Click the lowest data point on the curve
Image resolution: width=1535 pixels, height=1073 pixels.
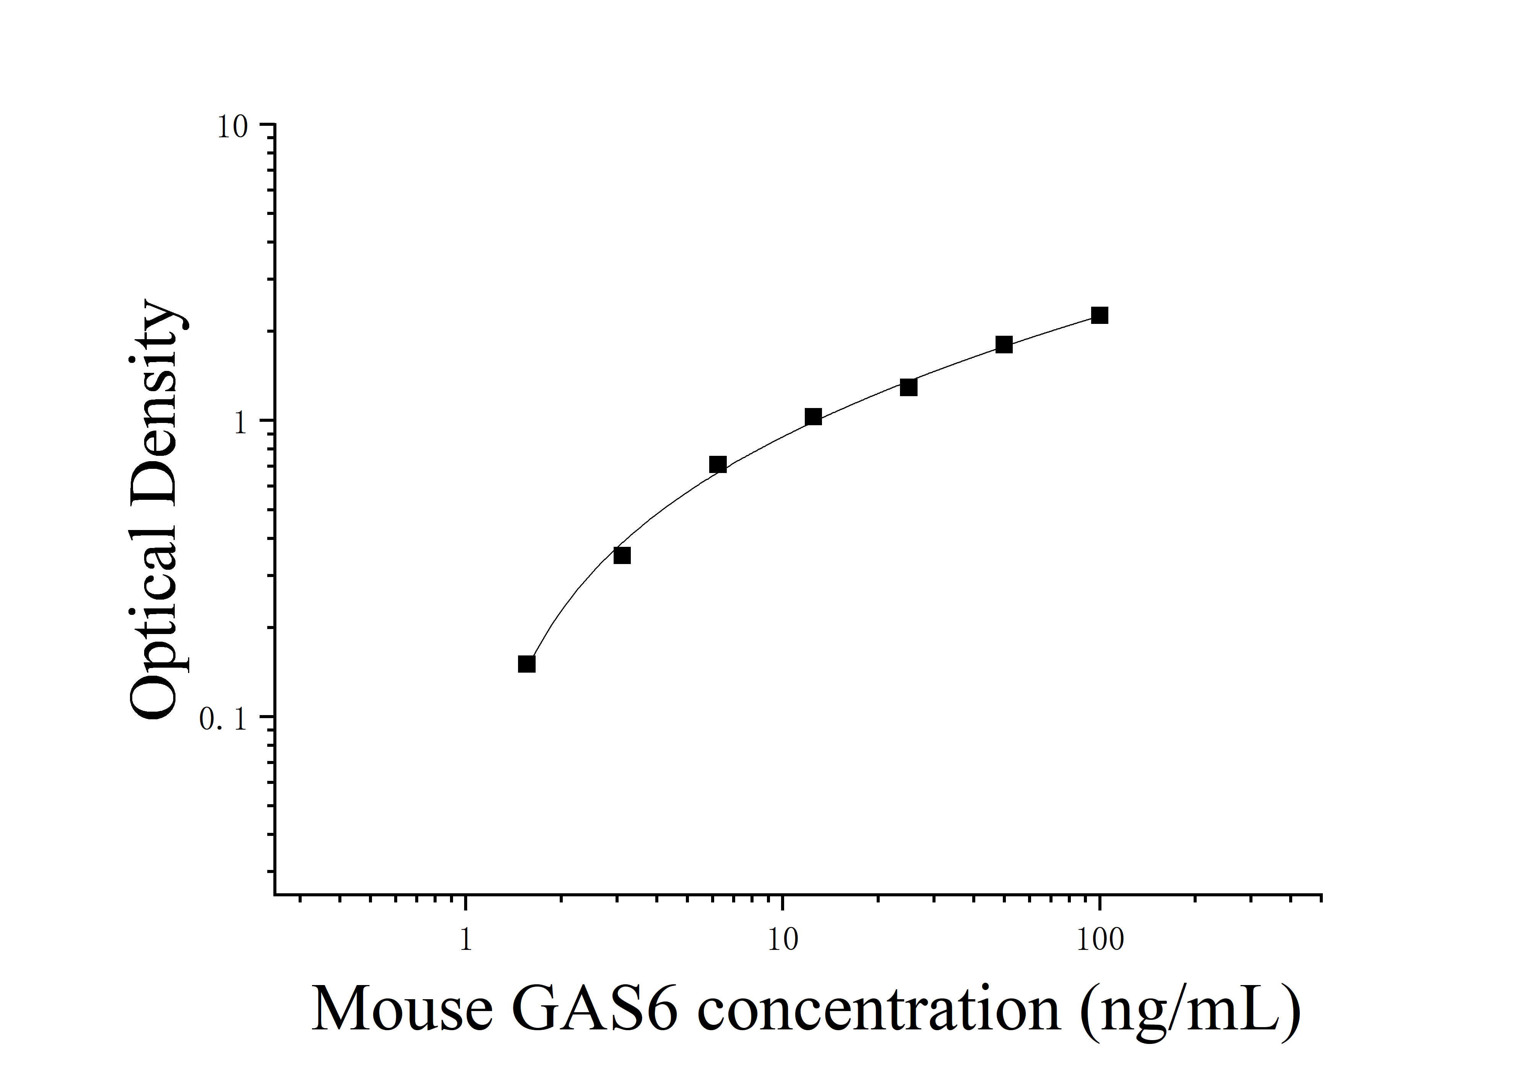click(x=527, y=664)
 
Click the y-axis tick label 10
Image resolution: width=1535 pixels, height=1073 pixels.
click(x=232, y=127)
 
